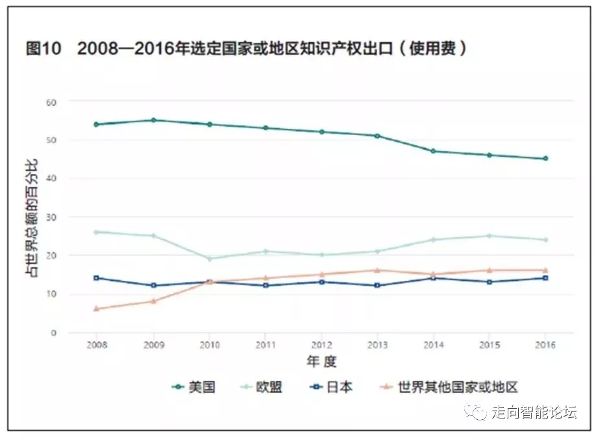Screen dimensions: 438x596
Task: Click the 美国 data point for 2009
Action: pos(153,120)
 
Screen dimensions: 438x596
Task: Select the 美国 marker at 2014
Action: pos(433,151)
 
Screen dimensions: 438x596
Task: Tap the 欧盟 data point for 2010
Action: pos(209,259)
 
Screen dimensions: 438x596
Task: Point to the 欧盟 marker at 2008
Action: pos(96,232)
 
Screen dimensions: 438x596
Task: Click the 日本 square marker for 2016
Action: pos(545,278)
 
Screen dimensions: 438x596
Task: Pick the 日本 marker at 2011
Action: pos(266,285)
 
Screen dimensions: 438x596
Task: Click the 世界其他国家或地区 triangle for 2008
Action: pos(96,309)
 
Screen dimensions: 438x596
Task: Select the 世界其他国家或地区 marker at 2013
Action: pos(377,270)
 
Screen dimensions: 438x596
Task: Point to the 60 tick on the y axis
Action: pos(51,102)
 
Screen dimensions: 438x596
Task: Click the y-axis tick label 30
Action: pos(51,217)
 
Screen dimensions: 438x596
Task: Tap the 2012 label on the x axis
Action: pos(321,345)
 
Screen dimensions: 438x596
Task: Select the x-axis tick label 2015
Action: pos(490,345)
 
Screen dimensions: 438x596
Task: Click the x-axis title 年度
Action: pos(321,361)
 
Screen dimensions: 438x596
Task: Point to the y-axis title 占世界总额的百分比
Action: pos(31,217)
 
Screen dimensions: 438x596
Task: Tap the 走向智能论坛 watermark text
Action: pos(534,412)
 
